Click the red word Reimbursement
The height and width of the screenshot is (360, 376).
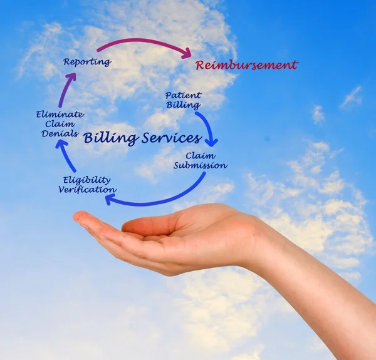click(246, 65)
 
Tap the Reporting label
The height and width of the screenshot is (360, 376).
click(87, 62)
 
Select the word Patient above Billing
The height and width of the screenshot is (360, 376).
click(183, 96)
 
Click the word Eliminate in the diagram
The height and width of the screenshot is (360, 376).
click(60, 115)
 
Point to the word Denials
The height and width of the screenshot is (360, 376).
click(60, 133)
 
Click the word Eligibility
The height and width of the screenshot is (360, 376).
click(86, 180)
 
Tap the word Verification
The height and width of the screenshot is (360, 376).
click(87, 189)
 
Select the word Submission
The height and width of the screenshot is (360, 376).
click(200, 166)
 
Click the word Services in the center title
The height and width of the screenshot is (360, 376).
click(171, 138)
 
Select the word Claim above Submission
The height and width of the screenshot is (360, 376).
click(200, 156)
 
